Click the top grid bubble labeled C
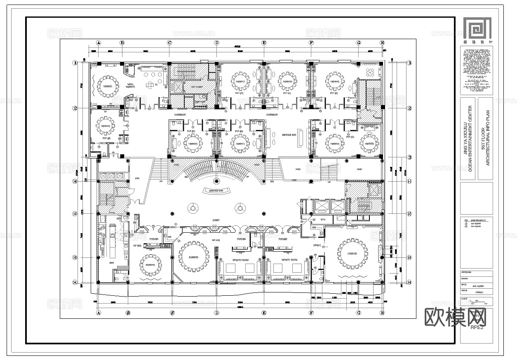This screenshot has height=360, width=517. (169, 43)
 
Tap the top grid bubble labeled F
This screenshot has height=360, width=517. (311, 43)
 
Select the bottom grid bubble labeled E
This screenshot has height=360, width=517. (264, 313)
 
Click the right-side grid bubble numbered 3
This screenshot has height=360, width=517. (409, 158)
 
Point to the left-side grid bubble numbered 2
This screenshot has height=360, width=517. (75, 108)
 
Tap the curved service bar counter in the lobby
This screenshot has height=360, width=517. (216, 191)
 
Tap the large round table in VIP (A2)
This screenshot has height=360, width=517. (194, 257)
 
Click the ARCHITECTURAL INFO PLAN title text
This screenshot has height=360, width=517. (488, 138)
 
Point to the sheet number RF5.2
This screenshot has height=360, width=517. (477, 327)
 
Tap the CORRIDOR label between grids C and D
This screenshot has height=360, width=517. (180, 115)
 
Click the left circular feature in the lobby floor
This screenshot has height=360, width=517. (193, 209)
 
